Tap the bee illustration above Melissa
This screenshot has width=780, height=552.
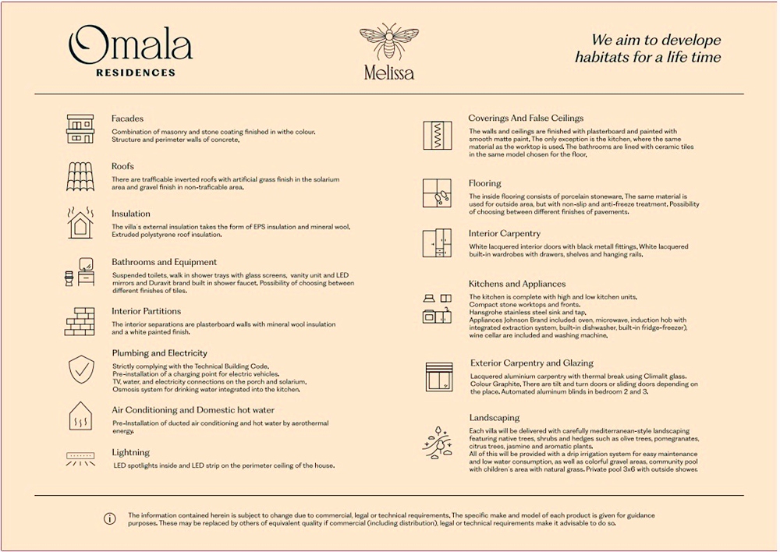click(388, 42)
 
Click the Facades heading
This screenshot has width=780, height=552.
click(127, 119)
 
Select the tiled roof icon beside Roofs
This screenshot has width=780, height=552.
click(80, 175)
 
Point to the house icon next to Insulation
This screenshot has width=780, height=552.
click(80, 222)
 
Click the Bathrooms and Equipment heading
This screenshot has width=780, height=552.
click(164, 262)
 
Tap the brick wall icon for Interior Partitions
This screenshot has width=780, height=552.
click(80, 320)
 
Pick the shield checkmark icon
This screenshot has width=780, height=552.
click(80, 369)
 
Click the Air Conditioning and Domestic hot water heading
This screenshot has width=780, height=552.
click(193, 410)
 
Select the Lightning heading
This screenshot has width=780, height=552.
click(130, 452)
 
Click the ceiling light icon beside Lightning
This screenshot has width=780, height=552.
click(80, 458)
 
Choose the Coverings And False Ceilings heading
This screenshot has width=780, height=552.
click(526, 119)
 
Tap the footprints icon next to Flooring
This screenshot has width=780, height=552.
click(437, 193)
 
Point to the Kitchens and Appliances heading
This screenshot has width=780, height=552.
click(517, 284)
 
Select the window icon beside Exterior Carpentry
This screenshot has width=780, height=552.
click(438, 376)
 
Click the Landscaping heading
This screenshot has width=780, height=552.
click(495, 418)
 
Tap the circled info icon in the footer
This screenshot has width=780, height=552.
click(110, 518)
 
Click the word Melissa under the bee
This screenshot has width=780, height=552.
click(388, 73)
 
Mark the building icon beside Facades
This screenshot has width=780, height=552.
click(80, 128)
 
